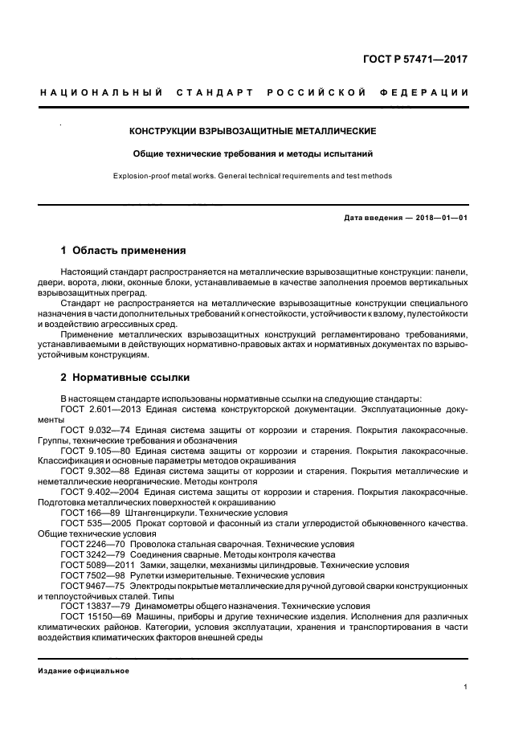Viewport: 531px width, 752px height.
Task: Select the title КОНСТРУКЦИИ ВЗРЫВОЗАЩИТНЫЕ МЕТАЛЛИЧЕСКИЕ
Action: [253, 131]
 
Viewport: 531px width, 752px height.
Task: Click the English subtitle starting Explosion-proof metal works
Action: [253, 175]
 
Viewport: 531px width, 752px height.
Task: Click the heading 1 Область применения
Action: [123, 251]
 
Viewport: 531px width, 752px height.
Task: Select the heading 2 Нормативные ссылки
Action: [125, 376]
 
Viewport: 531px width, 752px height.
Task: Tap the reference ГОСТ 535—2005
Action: [92, 523]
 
